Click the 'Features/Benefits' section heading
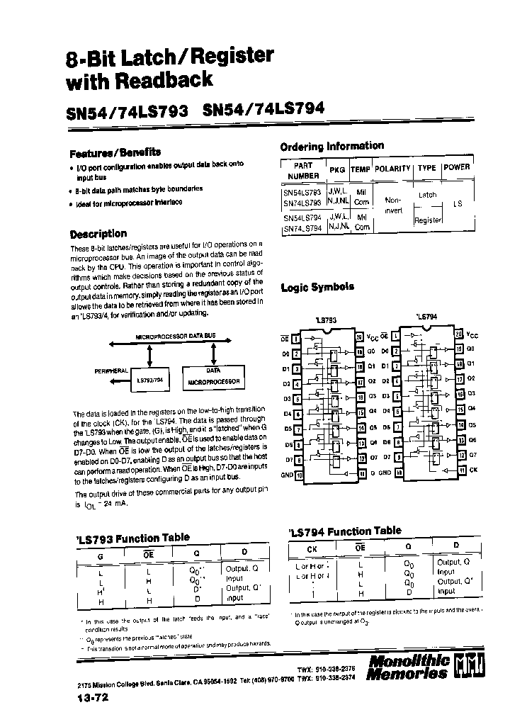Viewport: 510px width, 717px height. point(115,152)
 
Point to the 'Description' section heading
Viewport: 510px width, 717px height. point(98,234)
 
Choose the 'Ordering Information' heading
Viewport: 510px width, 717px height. point(332,146)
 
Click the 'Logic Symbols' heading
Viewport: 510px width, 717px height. point(317,287)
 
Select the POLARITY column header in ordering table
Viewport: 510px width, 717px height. point(392,169)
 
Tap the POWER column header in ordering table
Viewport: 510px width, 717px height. point(456,167)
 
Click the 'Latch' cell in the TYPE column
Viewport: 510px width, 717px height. point(428,195)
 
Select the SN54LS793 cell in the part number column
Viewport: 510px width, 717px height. point(302,192)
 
